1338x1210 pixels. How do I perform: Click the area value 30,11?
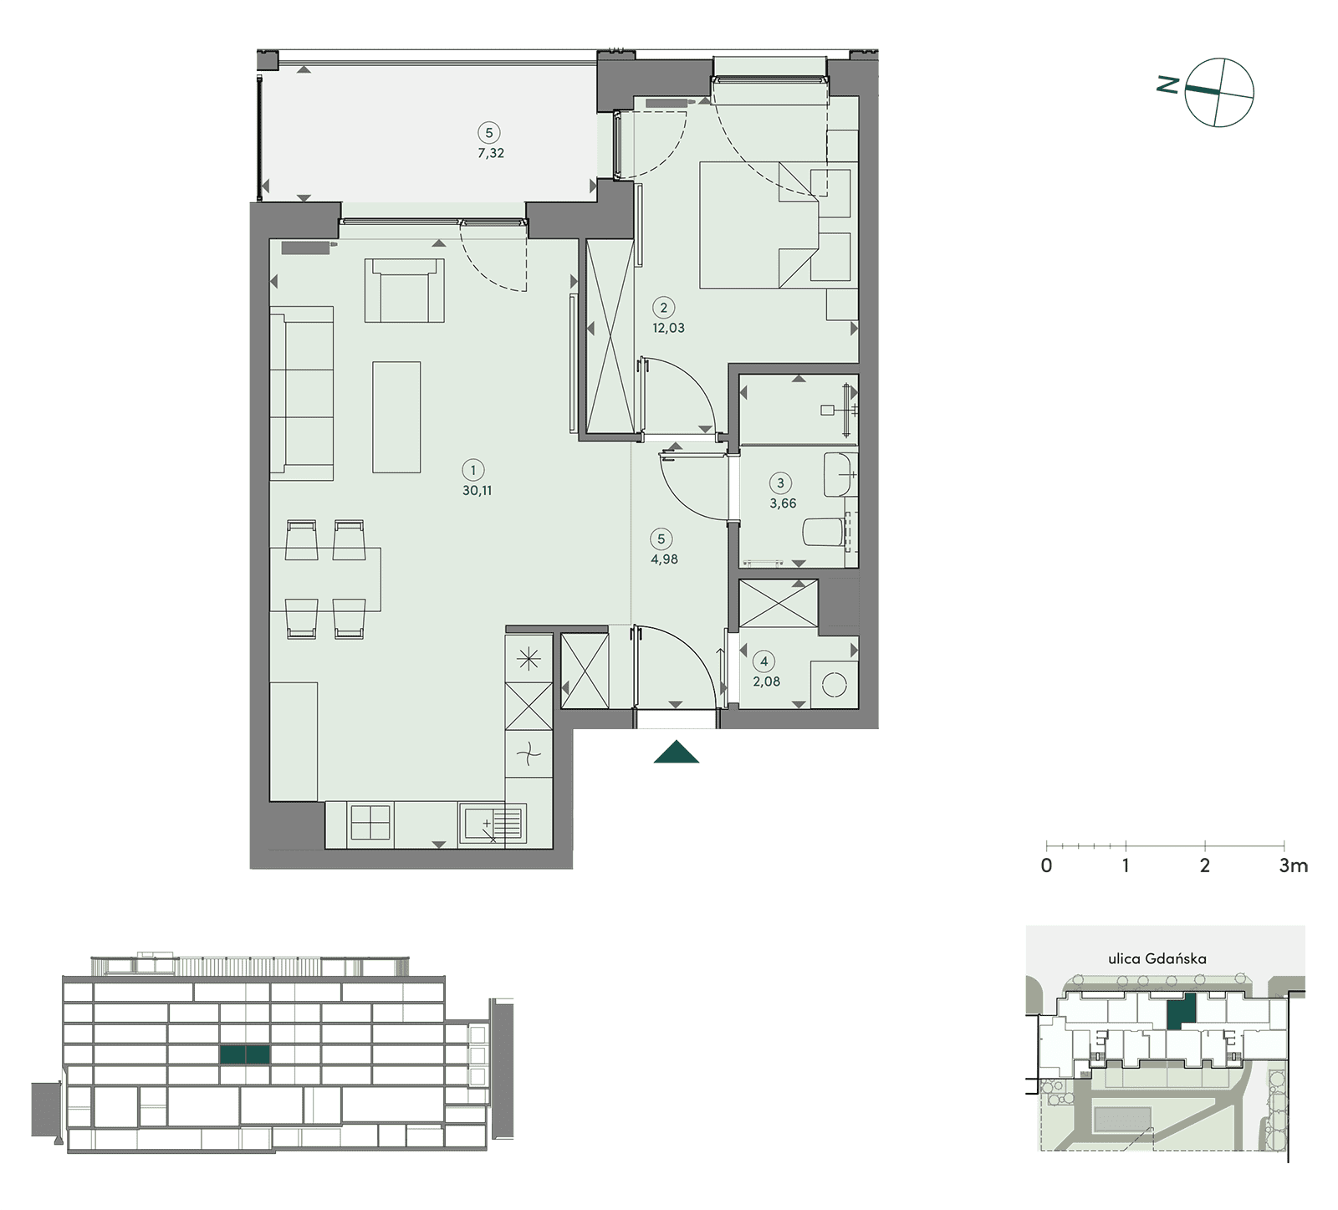click(x=477, y=491)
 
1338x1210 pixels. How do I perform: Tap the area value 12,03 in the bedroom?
click(x=668, y=328)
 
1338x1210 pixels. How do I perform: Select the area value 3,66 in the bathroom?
click(x=783, y=503)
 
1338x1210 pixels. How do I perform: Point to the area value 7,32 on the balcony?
click(x=490, y=153)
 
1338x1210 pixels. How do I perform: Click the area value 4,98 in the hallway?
click(x=664, y=559)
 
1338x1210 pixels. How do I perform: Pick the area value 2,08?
click(x=766, y=682)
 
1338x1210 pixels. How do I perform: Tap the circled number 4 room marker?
click(x=763, y=661)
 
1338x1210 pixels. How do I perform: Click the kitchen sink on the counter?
click(x=492, y=823)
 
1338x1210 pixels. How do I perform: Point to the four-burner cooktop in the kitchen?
click(x=370, y=821)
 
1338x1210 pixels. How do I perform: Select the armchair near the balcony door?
click(x=404, y=290)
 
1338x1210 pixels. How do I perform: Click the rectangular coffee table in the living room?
click(x=396, y=416)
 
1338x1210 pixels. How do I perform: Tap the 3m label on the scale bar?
click(x=1293, y=865)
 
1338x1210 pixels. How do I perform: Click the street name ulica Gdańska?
click(x=1157, y=959)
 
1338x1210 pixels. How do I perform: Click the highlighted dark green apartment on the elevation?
click(x=244, y=1054)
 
